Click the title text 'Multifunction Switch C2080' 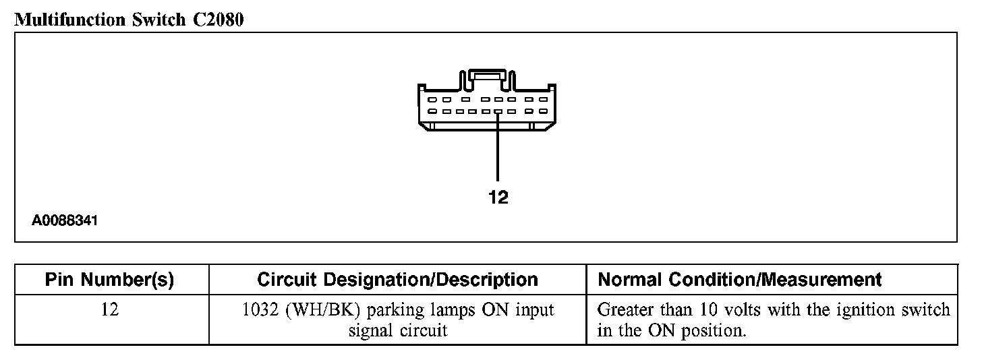click(x=129, y=20)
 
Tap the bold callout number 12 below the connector click(x=498, y=198)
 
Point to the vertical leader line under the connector click(x=498, y=148)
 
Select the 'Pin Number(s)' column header click(x=109, y=280)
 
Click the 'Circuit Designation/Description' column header click(x=398, y=280)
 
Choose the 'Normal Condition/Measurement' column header click(x=740, y=280)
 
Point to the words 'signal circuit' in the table click(x=398, y=331)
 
